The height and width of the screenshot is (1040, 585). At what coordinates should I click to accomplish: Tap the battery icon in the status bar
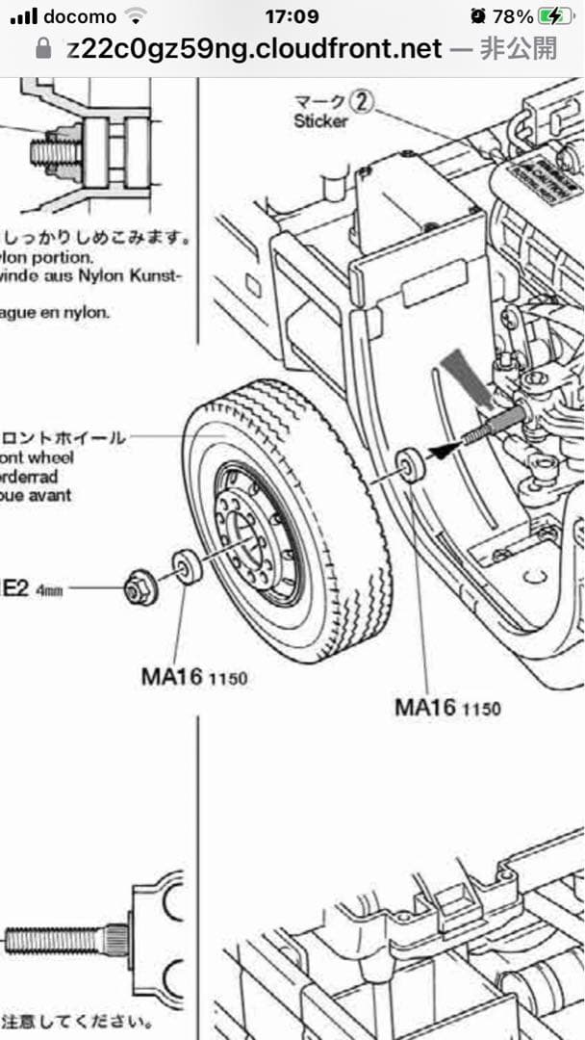click(555, 16)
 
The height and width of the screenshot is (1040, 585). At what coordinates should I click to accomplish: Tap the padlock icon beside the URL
click(42, 49)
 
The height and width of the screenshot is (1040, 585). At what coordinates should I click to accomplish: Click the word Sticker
click(320, 121)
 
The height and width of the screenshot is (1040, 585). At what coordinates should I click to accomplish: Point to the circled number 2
click(360, 100)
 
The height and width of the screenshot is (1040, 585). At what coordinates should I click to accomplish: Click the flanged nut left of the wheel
click(140, 587)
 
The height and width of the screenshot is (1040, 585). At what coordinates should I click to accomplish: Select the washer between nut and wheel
click(186, 567)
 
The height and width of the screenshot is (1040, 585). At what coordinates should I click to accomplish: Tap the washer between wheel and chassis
click(412, 465)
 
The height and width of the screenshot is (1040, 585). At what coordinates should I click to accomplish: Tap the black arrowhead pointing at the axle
click(442, 447)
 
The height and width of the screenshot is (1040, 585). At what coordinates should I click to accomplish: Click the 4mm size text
click(49, 590)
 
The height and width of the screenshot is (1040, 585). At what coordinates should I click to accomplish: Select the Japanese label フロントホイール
click(64, 438)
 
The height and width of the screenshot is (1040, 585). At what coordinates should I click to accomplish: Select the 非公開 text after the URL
click(519, 49)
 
